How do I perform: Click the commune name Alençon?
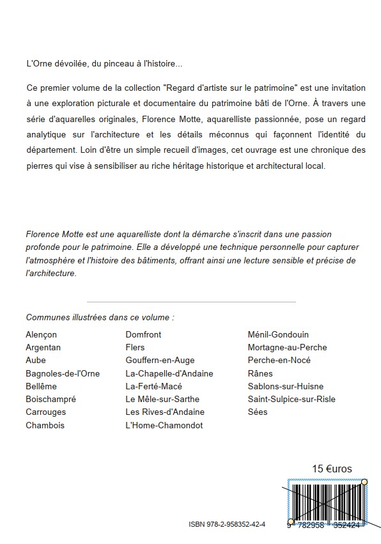pyautogui.click(x=41, y=334)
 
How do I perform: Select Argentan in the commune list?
pyautogui.click(x=43, y=347)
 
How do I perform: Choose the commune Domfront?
pyautogui.click(x=143, y=334)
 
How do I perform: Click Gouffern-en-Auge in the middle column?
pyautogui.click(x=160, y=361)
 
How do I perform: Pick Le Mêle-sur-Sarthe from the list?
pyautogui.click(x=162, y=400)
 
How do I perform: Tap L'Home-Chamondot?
pyautogui.click(x=164, y=425)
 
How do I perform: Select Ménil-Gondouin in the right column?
pyautogui.click(x=278, y=334)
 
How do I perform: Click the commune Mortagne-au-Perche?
pyautogui.click(x=287, y=347)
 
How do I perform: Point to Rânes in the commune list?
pyautogui.click(x=260, y=373)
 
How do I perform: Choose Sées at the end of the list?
pyautogui.click(x=258, y=412)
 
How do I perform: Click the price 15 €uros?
pyautogui.click(x=332, y=469)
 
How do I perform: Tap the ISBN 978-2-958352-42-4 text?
pyautogui.click(x=227, y=524)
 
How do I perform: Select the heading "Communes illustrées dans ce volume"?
pyautogui.click(x=100, y=317)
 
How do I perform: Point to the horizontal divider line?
pyautogui.click(x=190, y=302)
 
